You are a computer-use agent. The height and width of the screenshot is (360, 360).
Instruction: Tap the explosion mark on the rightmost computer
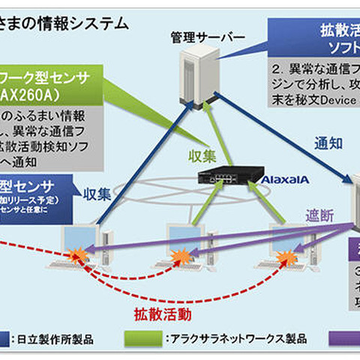285,258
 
